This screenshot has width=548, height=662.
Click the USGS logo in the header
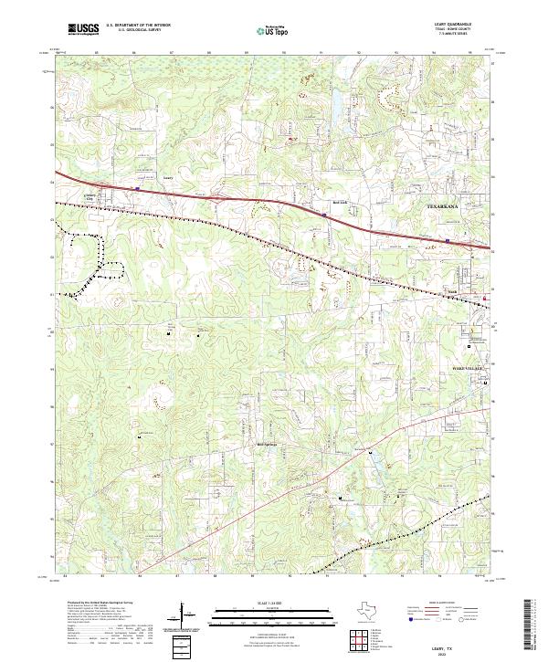84,29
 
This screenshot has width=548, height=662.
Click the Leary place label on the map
167,178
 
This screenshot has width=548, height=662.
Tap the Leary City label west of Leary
90,195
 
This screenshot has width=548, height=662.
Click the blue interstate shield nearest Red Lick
324,215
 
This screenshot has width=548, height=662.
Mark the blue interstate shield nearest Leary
137,189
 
